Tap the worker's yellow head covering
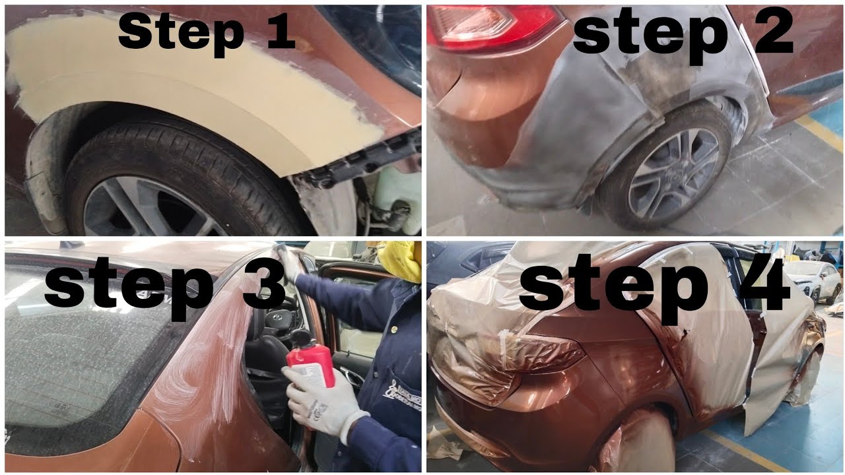point(401,259)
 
